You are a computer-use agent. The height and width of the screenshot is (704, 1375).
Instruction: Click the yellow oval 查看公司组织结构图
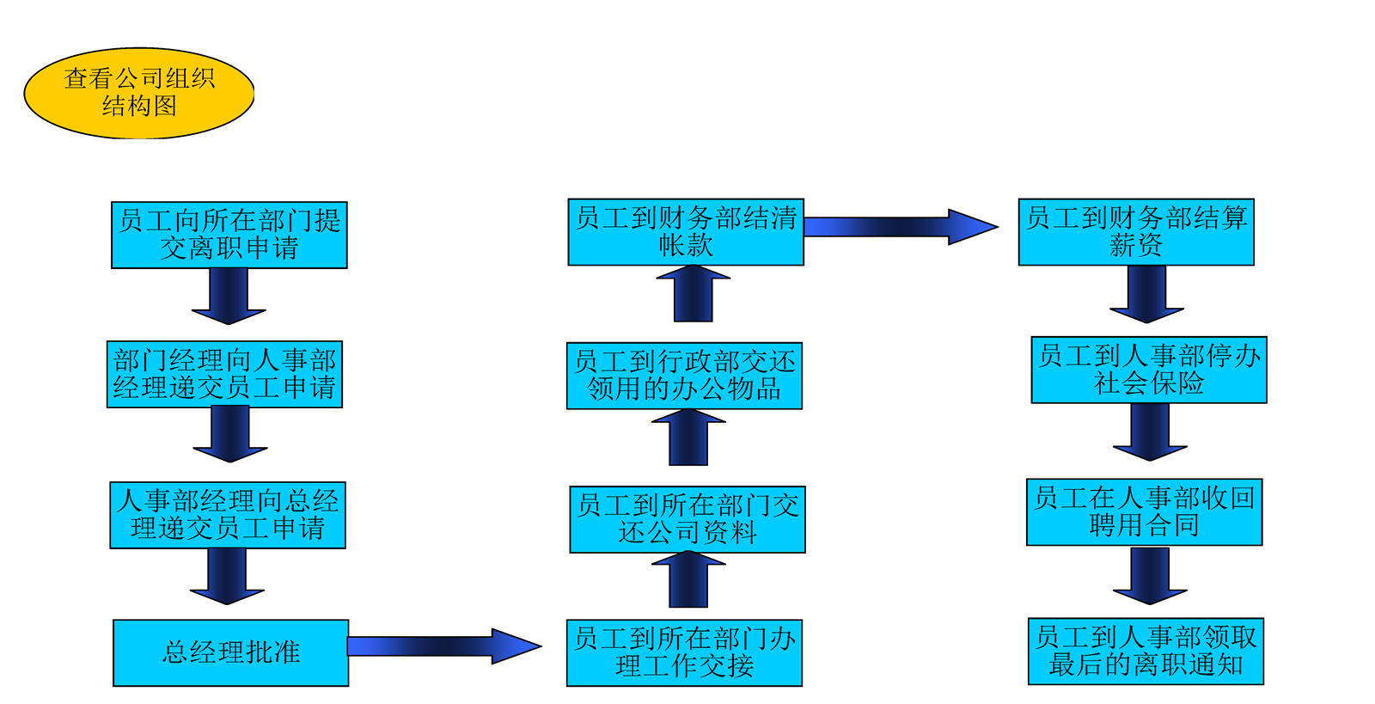point(139,93)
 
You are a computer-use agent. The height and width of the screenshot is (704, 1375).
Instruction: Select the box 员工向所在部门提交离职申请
point(229,236)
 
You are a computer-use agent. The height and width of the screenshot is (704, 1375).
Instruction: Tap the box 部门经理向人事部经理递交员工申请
point(224,375)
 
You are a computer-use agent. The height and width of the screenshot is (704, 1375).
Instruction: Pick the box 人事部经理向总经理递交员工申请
point(228,515)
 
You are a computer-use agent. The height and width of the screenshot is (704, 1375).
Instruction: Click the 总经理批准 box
point(230,652)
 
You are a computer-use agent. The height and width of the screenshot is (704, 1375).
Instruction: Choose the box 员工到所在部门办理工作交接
point(684,652)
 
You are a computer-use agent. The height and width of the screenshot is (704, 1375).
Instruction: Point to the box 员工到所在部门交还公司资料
point(687,519)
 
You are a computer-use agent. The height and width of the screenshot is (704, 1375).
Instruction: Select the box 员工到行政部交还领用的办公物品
point(684,376)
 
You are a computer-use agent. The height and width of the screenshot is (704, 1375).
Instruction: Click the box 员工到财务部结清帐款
point(686,232)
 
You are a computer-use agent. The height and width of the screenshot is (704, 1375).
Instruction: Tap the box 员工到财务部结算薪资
point(1136,232)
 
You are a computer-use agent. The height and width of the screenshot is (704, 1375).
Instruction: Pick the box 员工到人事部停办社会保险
point(1149,370)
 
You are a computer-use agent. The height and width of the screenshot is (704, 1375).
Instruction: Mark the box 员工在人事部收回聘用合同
point(1144,512)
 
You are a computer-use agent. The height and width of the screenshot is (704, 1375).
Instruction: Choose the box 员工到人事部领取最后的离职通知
point(1146,651)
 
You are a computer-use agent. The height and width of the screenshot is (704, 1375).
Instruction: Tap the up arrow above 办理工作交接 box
point(688,580)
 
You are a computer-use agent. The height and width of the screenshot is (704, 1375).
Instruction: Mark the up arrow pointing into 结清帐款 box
point(693,294)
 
